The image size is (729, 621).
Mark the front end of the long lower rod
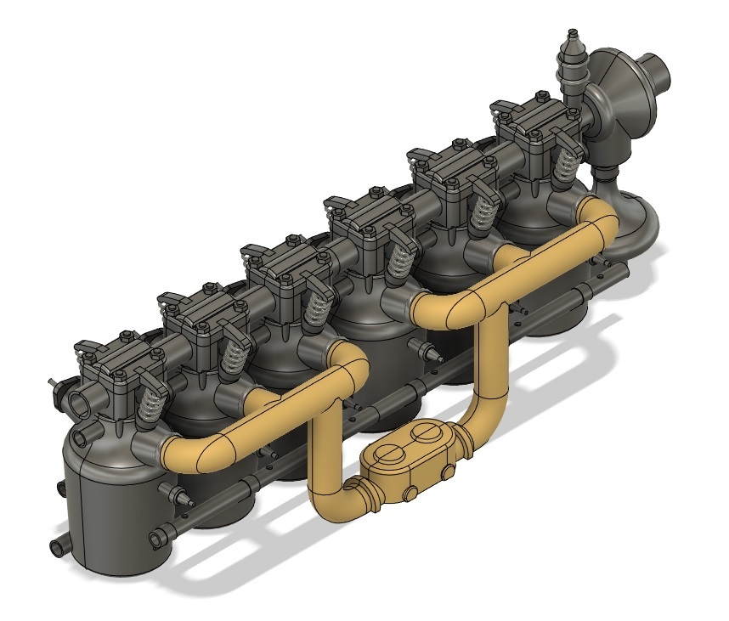(x=157, y=538)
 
